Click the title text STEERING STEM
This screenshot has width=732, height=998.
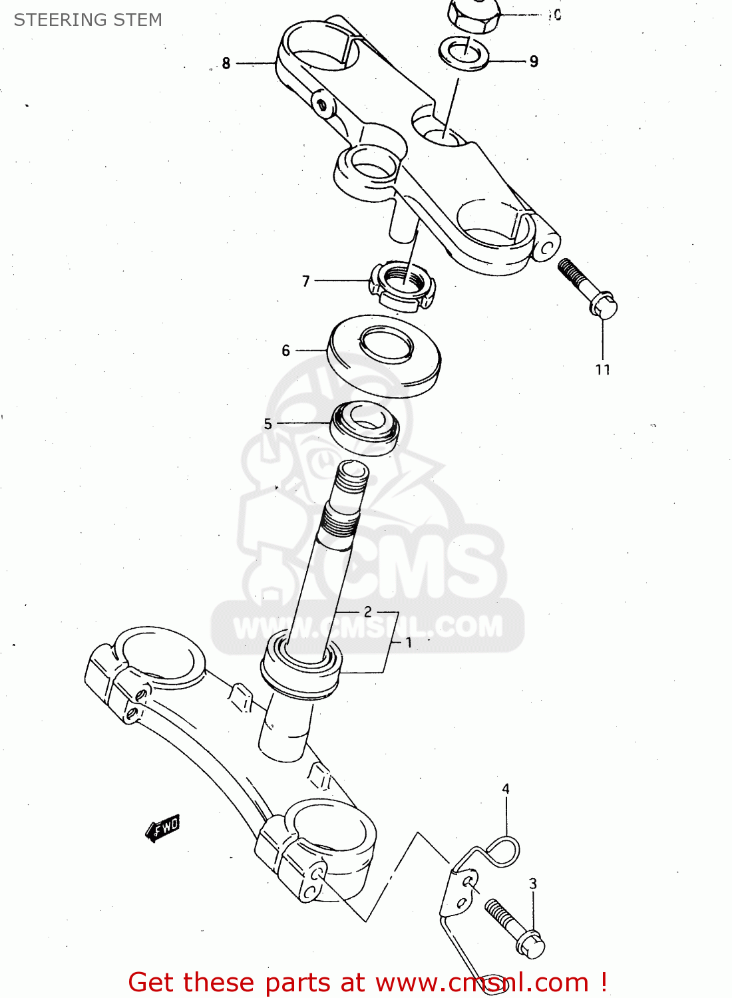point(88,20)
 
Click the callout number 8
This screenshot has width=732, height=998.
point(226,63)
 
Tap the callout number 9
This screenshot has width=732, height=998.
point(534,61)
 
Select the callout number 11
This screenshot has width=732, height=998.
point(603,370)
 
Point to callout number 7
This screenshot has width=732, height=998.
point(306,281)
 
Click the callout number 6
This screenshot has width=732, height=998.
point(286,350)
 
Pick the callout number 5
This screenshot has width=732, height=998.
point(268,424)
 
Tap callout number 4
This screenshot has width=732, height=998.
point(506,789)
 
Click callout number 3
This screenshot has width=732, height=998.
point(533,884)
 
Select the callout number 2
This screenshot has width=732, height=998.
point(368,611)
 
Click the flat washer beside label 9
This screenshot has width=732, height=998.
point(464,54)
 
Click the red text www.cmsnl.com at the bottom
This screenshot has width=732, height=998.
point(482,982)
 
